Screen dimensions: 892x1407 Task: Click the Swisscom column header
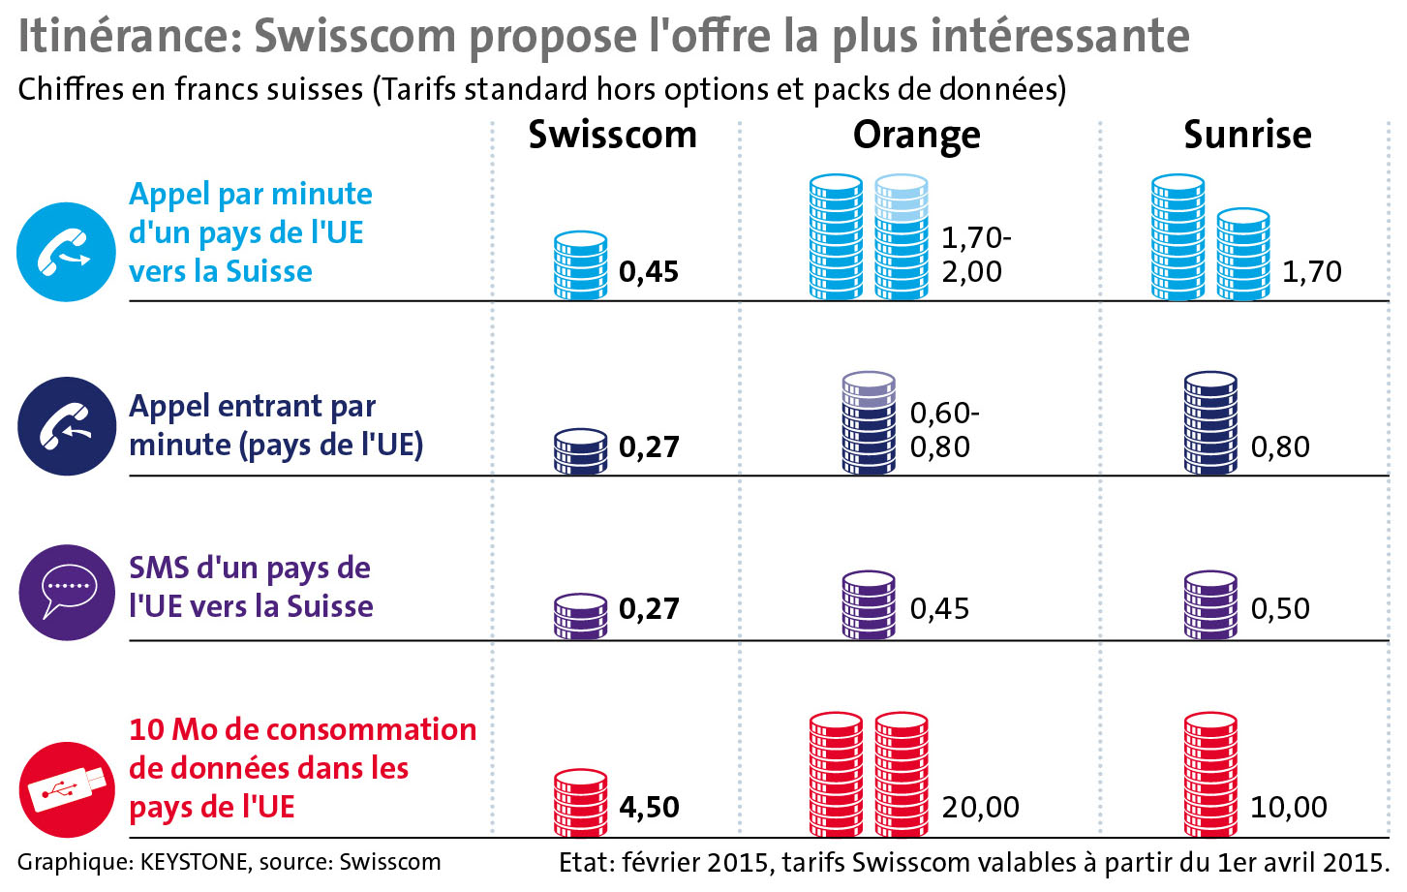click(x=612, y=135)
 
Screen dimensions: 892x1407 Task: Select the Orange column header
click(x=916, y=136)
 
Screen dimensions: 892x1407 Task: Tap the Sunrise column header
click(x=1247, y=135)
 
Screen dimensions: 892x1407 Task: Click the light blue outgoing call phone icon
click(x=66, y=252)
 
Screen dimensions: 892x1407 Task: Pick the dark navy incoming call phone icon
click(x=66, y=426)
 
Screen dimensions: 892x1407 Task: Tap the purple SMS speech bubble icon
click(x=66, y=592)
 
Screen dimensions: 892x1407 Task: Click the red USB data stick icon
click(x=66, y=789)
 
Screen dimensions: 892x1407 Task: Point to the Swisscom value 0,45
click(x=649, y=271)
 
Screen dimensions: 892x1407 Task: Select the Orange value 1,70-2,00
click(x=976, y=254)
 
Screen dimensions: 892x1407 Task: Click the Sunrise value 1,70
click(x=1312, y=271)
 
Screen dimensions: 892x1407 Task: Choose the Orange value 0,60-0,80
click(x=944, y=430)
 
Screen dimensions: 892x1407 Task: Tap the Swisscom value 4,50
click(x=649, y=807)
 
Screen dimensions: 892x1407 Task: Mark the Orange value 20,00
click(x=980, y=807)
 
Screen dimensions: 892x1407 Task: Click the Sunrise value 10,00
click(x=1289, y=807)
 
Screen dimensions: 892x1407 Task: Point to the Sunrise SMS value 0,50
click(x=1280, y=608)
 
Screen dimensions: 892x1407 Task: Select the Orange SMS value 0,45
click(x=939, y=608)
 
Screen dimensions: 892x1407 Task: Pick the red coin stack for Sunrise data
click(x=1210, y=774)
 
